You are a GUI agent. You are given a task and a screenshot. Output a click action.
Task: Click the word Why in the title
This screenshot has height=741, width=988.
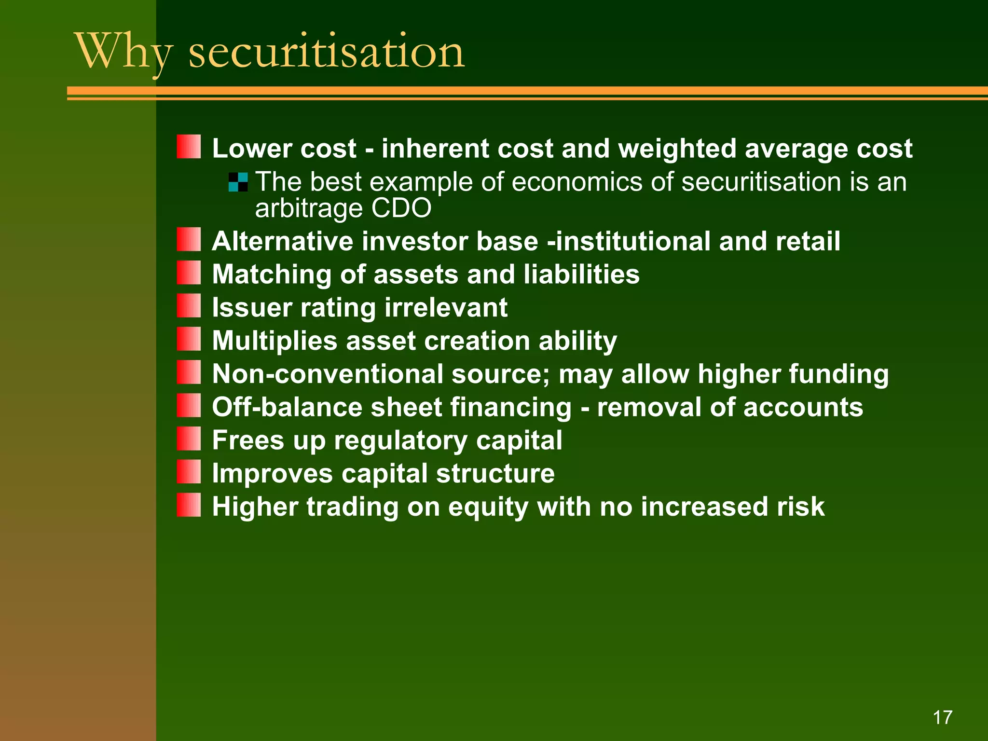click(123, 52)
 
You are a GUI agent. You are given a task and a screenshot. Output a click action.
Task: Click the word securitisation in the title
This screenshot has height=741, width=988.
click(326, 52)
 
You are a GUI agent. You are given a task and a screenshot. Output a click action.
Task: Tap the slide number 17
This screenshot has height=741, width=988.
click(942, 717)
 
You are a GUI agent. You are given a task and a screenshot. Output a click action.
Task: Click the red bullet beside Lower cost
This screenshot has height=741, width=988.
click(189, 147)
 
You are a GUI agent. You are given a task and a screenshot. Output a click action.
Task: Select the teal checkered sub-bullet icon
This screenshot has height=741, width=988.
click(238, 182)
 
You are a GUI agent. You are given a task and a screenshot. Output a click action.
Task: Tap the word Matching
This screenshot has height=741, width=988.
click(272, 275)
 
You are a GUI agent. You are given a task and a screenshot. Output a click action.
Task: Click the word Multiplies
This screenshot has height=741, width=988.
click(274, 341)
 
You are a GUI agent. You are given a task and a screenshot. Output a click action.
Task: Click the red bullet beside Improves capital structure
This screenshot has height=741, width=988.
click(189, 472)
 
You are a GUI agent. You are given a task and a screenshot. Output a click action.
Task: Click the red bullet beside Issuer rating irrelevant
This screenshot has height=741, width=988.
click(189, 306)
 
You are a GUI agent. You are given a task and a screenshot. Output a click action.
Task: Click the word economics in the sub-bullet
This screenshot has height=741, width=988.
click(576, 182)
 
